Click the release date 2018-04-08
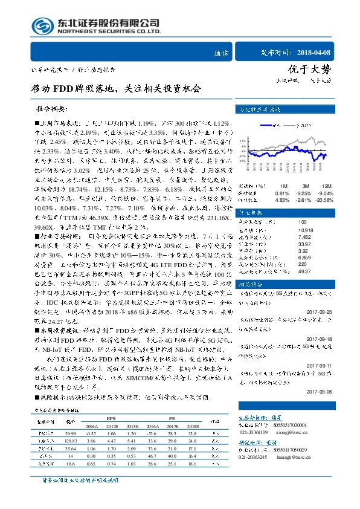click(314, 53)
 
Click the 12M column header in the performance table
click(327, 186)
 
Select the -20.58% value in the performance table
click(324, 199)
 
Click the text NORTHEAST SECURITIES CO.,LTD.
click(109, 30)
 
